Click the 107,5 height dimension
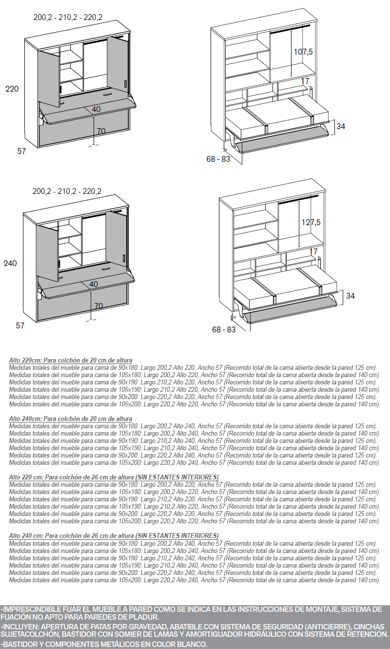pyautogui.click(x=303, y=52)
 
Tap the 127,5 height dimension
pyautogui.click(x=311, y=222)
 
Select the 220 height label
pyautogui.click(x=12, y=89)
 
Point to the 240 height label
pyautogui.click(x=10, y=263)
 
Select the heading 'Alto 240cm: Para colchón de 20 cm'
pyautogui.click(x=70, y=419)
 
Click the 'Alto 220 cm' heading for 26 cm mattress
pyautogui.click(x=114, y=477)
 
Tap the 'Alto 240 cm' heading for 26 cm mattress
pyautogui.click(x=114, y=535)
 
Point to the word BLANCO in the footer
pyautogui.click(x=191, y=644)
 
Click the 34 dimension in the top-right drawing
pyautogui.click(x=341, y=126)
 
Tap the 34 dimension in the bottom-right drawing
pyautogui.click(x=351, y=296)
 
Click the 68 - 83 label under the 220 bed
pyautogui.click(x=218, y=159)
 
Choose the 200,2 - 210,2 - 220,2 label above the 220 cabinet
pyautogui.click(x=68, y=17)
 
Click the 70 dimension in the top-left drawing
pyautogui.click(x=101, y=131)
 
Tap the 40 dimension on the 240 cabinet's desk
pyautogui.click(x=94, y=284)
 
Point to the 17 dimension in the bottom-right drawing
pyautogui.click(x=313, y=252)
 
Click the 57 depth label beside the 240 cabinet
pyautogui.click(x=20, y=325)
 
